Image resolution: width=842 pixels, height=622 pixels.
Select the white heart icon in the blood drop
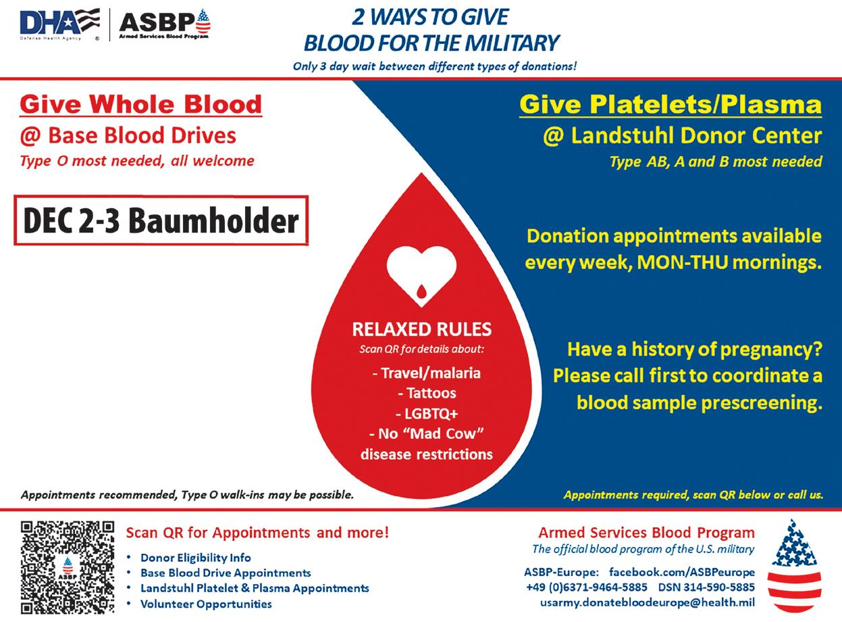(x=421, y=274)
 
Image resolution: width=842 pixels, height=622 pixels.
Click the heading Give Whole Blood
(x=140, y=105)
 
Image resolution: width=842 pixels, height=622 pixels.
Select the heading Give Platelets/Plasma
(x=670, y=105)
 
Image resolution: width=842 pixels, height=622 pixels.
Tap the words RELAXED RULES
(x=421, y=330)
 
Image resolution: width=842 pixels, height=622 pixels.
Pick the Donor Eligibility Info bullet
(x=195, y=558)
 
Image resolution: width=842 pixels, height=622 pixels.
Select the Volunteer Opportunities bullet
(x=206, y=604)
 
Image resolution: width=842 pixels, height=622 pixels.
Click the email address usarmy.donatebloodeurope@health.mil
(x=648, y=602)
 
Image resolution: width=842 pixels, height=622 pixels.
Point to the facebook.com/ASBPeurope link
(x=682, y=572)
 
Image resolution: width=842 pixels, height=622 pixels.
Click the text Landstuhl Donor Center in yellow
(x=696, y=136)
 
